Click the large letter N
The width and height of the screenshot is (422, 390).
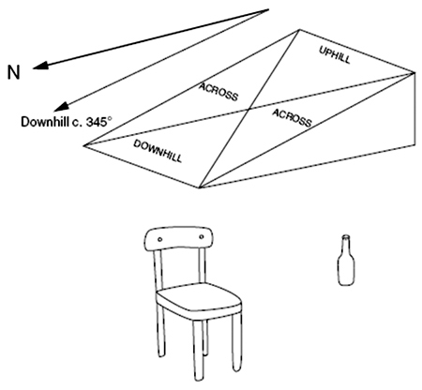(x=13, y=72)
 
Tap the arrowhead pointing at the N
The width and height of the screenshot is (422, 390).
(x=40, y=66)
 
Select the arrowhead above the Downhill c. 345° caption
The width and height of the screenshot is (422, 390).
(x=61, y=106)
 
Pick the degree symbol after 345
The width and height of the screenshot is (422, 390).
(x=109, y=119)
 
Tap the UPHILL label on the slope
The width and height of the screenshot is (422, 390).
(x=335, y=54)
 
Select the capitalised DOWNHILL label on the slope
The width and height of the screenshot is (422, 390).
(x=158, y=151)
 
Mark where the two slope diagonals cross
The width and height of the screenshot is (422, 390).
(x=249, y=109)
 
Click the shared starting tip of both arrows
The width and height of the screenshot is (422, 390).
(x=268, y=9)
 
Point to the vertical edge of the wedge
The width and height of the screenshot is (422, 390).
(x=414, y=109)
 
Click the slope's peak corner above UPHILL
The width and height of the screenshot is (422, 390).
(x=299, y=30)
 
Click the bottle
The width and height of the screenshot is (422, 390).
(x=346, y=261)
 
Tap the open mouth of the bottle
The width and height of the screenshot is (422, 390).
(x=346, y=236)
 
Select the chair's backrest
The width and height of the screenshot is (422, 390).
(x=178, y=238)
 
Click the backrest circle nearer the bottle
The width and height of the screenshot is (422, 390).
(x=201, y=237)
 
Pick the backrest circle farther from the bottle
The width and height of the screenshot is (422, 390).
(x=159, y=240)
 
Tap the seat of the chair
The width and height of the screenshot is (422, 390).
(x=199, y=298)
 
